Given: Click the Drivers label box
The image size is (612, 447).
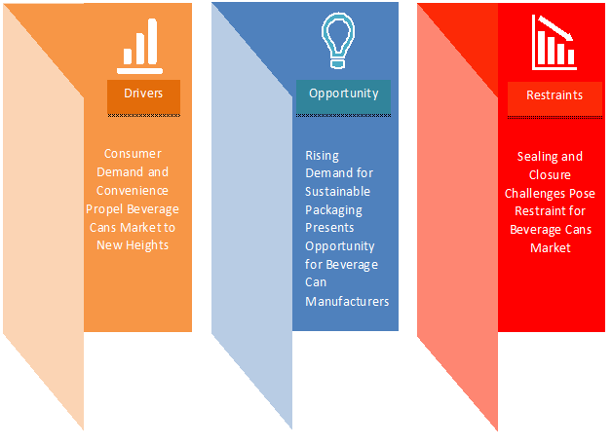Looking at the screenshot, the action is point(143,96).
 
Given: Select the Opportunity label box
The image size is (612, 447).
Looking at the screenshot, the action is point(343,96).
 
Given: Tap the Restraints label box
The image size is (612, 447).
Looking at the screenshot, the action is point(555,98).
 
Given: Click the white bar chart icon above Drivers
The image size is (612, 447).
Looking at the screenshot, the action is point(139,46).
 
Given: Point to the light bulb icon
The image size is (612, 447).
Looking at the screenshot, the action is point(338,40).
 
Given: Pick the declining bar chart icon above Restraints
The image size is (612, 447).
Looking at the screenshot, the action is point(555,43).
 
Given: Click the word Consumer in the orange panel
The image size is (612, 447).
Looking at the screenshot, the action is point(133,154).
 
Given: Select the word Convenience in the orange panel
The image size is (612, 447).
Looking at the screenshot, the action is point(133,190).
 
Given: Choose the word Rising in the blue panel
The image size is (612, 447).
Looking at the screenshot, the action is point(322,156).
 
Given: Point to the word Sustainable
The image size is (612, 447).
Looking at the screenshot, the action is point(337,192).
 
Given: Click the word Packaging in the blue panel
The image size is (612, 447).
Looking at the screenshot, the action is point(333,210).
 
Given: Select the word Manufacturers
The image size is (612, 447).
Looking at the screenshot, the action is point(347,302).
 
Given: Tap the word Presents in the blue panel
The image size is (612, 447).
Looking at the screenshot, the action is point(329,228).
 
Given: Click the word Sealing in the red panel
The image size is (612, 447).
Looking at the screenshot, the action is point(536,157).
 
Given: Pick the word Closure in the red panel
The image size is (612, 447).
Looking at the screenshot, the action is point(550,174).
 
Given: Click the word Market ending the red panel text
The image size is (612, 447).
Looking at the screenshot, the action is point(551,248).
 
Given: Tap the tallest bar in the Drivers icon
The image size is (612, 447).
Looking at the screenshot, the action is point(152,41).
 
